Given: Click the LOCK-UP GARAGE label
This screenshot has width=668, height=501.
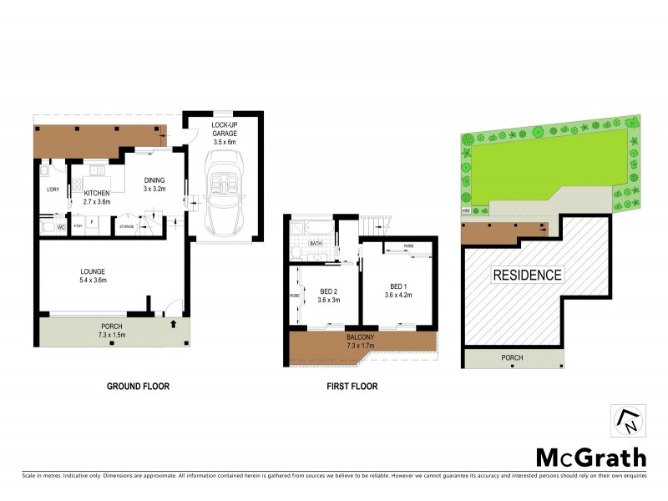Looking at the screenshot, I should click(x=224, y=129).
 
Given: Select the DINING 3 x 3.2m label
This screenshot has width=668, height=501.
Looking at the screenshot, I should click(x=154, y=185).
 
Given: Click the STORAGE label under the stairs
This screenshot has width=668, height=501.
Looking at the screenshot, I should click(x=126, y=226).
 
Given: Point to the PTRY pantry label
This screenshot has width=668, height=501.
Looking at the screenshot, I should click(x=78, y=226).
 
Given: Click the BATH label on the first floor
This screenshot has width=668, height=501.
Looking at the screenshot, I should click(x=316, y=244).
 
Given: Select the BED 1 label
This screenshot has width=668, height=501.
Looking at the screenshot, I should click(x=397, y=289).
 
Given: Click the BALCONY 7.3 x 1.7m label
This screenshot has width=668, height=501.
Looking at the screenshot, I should click(x=362, y=341).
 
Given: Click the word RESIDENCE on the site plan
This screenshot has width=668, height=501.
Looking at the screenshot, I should click(x=526, y=275).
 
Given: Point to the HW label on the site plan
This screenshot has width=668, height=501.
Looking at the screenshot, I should click(x=465, y=210).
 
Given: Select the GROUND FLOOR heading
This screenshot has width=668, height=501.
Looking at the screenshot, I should click(x=138, y=387).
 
